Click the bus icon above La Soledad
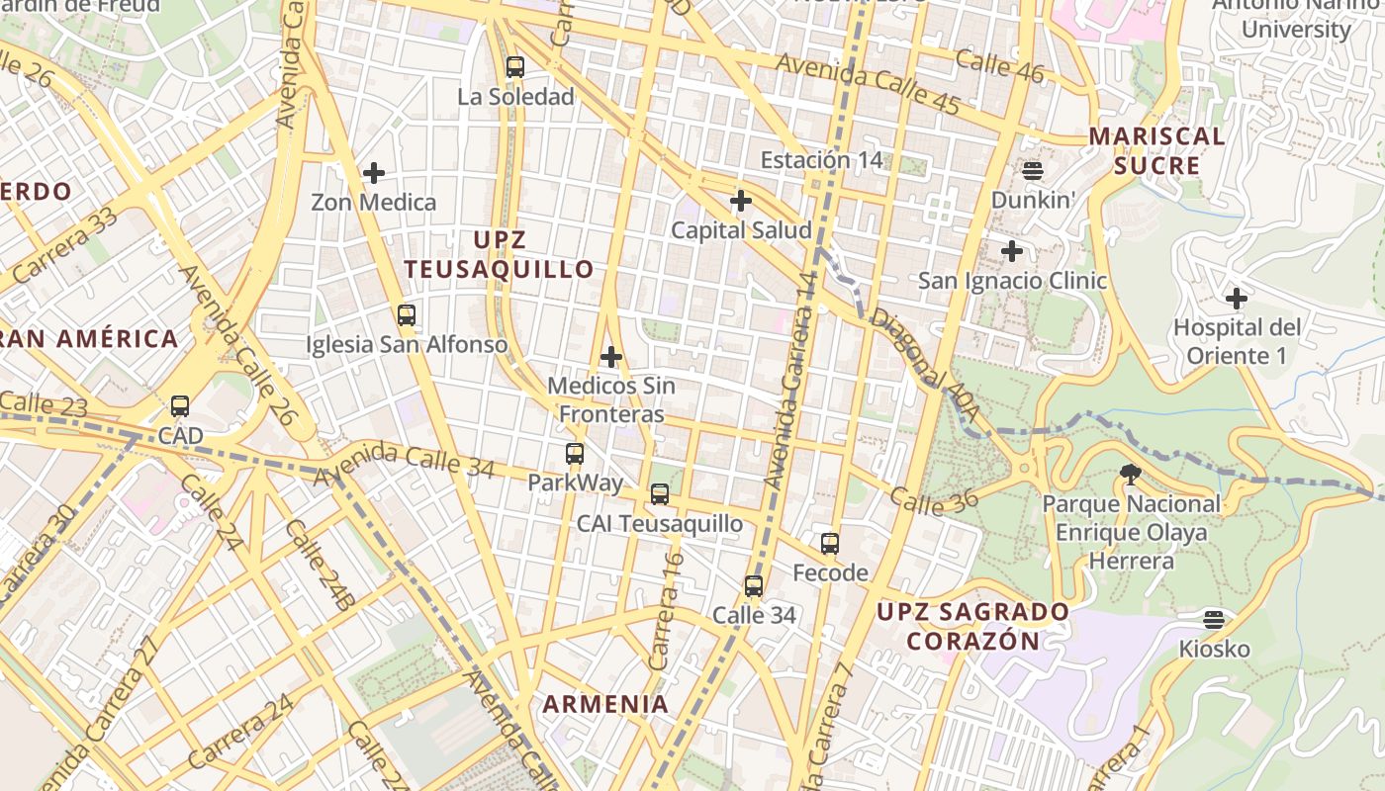[514, 67]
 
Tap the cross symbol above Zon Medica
[373, 173]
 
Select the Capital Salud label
[741, 230]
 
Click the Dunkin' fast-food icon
[1033, 170]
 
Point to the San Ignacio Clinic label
[1012, 281]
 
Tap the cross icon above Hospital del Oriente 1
[1236, 298]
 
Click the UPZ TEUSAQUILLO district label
[500, 254]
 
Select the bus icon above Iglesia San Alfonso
[406, 315]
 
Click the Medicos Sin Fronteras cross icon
[611, 356]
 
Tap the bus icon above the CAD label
[179, 405]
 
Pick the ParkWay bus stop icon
[575, 454]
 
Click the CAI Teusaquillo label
[659, 524]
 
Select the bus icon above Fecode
[830, 543]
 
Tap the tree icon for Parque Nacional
[1130, 475]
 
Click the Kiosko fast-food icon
[1214, 620]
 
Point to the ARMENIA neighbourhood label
[605, 704]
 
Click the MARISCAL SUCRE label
[1157, 150]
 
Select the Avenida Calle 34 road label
[404, 461]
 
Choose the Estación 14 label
[820, 160]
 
